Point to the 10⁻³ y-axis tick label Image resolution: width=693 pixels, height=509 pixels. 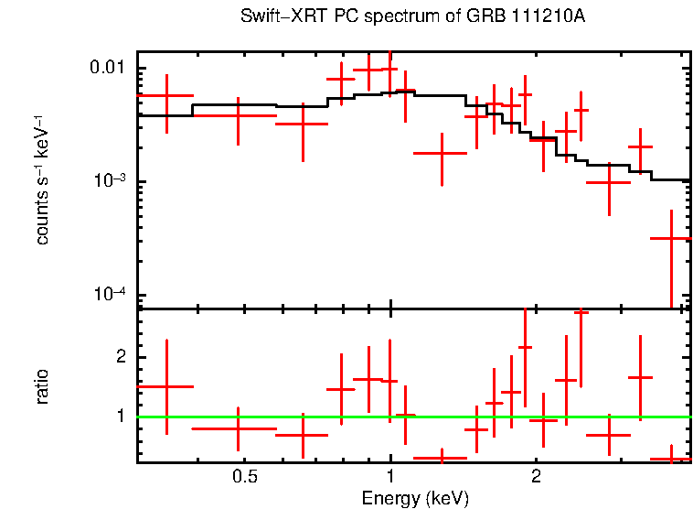(110, 180)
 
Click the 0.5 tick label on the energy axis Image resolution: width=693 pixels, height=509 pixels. (244, 477)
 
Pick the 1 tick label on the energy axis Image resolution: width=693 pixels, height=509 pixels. (390, 477)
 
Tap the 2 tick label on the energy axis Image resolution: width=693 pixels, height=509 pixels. (536, 477)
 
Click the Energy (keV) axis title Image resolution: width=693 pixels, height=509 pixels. (415, 499)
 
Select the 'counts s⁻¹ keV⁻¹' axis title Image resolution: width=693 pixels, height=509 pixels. (42, 179)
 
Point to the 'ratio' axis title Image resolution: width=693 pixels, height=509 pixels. (42, 386)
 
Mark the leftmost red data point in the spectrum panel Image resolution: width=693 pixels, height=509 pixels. (166, 95)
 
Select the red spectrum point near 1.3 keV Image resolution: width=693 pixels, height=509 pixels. (442, 153)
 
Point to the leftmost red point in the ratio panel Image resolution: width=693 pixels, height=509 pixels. (166, 386)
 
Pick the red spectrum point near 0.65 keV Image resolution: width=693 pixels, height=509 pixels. (303, 123)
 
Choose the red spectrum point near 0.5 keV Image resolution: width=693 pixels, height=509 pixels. (238, 115)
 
